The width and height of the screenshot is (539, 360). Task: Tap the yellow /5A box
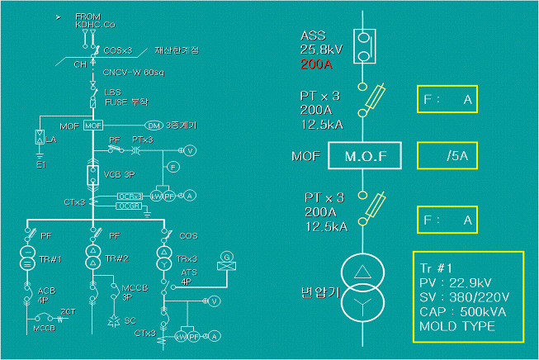tap(447, 154)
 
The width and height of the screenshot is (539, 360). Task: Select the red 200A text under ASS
tap(314, 62)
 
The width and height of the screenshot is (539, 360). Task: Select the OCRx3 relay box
tap(130, 196)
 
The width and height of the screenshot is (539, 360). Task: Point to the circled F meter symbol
tap(173, 167)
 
